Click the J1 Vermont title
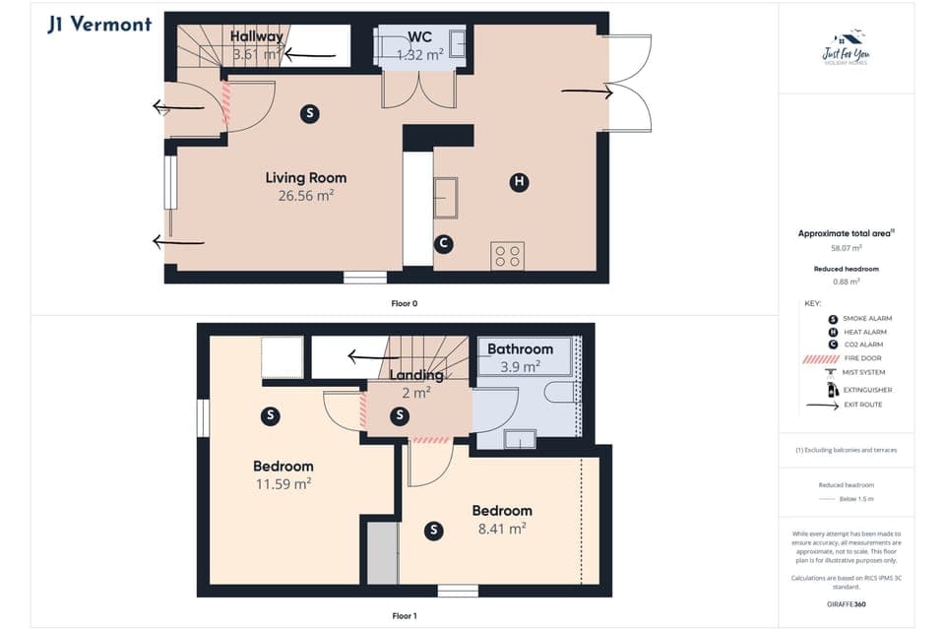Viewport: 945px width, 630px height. (99, 24)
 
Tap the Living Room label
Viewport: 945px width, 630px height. (306, 178)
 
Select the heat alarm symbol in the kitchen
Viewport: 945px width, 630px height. (518, 181)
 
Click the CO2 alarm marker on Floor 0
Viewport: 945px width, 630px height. (444, 243)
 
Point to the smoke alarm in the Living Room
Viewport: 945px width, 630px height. (310, 113)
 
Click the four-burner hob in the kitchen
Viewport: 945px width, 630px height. (508, 256)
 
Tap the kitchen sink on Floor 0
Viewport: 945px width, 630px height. (446, 198)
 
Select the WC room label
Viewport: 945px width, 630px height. (420, 37)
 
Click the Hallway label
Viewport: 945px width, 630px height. (257, 37)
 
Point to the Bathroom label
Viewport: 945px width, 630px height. (520, 349)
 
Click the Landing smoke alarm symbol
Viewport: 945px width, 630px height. (399, 416)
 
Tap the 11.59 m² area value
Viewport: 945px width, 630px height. (283, 484)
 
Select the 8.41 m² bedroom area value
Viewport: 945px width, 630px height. (501, 529)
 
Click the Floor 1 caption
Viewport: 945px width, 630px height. (404, 616)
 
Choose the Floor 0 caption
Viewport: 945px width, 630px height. (404, 304)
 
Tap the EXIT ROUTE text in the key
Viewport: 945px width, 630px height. (862, 405)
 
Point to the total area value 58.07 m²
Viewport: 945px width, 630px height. (846, 249)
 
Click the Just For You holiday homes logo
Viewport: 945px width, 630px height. (846, 48)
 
